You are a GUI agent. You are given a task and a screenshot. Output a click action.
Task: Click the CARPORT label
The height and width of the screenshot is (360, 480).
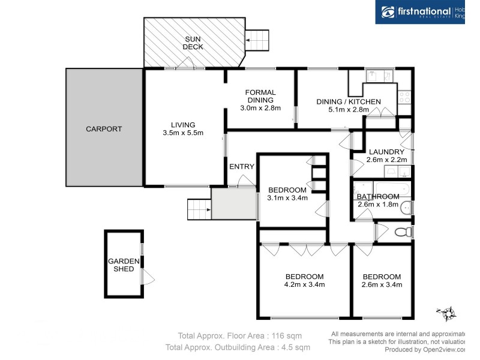click(x=103, y=129)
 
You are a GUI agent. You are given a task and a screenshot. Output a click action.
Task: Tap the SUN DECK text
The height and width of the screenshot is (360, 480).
click(x=193, y=43)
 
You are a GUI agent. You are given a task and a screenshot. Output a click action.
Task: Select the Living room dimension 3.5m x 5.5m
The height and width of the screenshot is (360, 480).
click(x=183, y=133)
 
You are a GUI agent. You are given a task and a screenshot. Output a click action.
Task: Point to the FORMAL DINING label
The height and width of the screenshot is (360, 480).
click(x=260, y=96)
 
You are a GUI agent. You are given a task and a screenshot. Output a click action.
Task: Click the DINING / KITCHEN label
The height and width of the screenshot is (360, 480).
click(x=348, y=102)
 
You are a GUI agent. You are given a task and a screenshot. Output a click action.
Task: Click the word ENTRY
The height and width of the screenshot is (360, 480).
click(x=242, y=166)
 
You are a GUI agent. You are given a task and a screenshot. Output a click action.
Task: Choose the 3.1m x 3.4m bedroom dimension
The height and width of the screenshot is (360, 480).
click(x=287, y=198)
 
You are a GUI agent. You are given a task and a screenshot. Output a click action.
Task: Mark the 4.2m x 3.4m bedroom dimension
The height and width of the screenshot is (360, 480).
click(x=304, y=285)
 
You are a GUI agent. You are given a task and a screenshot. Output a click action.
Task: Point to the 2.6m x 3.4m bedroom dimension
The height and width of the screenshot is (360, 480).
click(x=382, y=285)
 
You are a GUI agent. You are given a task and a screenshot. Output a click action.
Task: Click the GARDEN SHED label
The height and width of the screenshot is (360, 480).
click(x=124, y=265)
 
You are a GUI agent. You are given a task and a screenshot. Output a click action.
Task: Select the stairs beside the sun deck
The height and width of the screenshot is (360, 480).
click(x=259, y=41)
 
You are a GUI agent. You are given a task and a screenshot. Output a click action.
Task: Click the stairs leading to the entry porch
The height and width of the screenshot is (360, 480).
click(x=199, y=210)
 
